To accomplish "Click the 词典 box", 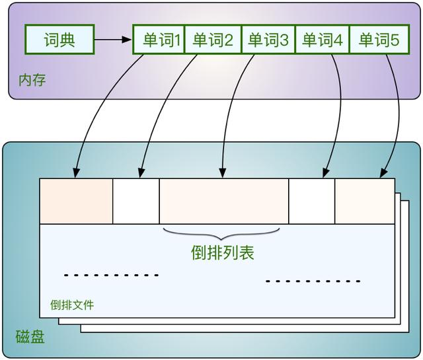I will pos(59,40).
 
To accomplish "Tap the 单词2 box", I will pos(213,40).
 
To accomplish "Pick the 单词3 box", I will pos(268,40).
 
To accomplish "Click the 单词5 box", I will pos(379,40).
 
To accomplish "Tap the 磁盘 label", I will pos(30,337).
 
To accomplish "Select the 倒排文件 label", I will pos(72,305).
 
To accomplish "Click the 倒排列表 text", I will pos(223,252).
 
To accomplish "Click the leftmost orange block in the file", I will pos(76,201).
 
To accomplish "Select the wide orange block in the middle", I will pos(223,201).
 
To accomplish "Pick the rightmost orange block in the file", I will pos(365,201).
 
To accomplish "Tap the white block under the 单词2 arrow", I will pos(136,201).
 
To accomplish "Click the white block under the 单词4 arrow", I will pos(312,201).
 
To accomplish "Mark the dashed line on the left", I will pos(111,275).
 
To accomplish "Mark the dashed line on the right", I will pos(313,281).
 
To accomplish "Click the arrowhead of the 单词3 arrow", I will pos(223,174).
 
